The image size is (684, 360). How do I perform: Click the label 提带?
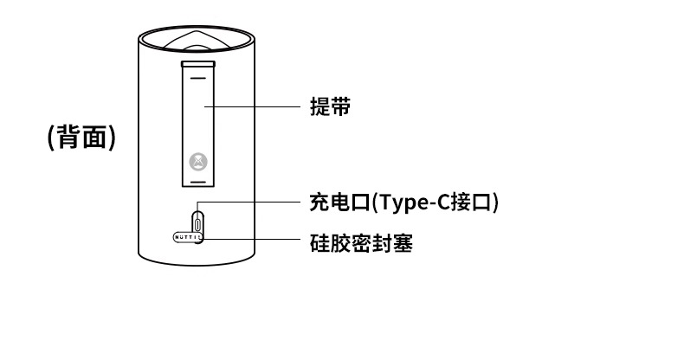pos(330,107)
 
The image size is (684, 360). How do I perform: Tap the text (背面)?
pos(81,137)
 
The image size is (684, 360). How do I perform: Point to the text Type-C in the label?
pos(403,202)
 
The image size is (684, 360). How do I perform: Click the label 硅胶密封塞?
pos(361,243)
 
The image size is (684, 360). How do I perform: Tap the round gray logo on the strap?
pos(198,161)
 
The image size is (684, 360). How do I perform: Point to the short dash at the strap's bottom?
pos(198,183)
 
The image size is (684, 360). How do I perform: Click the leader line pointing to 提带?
pos(251,107)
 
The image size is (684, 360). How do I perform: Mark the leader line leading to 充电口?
pos(251,202)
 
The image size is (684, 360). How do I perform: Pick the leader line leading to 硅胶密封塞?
pos(251,237)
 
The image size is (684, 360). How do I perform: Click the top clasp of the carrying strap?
pos(198,64)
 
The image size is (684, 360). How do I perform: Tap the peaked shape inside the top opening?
pos(198,40)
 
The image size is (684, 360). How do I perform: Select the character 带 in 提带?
pos(340,107)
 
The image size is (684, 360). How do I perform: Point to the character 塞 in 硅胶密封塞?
pos(403,243)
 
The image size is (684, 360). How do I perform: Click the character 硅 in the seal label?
pos(319,243)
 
